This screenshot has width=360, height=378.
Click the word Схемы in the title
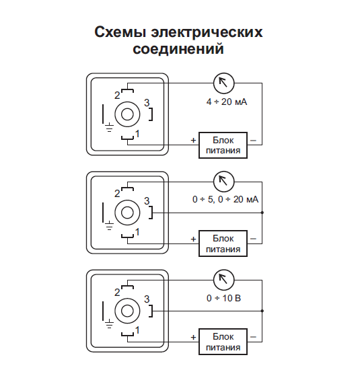click(x=120, y=32)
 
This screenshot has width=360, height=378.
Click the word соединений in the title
click(x=178, y=48)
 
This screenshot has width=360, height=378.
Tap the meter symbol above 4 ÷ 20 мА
click(x=224, y=83)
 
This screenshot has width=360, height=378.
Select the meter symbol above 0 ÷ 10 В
click(x=224, y=280)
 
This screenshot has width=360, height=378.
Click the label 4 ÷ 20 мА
click(x=227, y=102)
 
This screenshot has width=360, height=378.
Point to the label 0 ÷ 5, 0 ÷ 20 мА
click(x=225, y=199)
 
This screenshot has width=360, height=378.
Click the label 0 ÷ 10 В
click(x=224, y=298)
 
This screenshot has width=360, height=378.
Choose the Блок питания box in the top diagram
click(x=223, y=145)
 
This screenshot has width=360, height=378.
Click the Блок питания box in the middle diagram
click(x=223, y=243)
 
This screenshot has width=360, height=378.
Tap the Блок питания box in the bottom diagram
click(x=223, y=342)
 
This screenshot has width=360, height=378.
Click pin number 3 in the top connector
click(x=147, y=103)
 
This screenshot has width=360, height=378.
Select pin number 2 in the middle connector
click(x=117, y=194)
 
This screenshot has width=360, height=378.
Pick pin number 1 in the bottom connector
click(x=137, y=330)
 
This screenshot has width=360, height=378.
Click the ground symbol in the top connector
click(x=110, y=127)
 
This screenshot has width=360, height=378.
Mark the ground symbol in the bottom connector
click(x=110, y=324)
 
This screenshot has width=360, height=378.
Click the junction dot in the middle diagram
click(x=262, y=213)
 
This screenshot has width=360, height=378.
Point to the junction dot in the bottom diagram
click(x=262, y=311)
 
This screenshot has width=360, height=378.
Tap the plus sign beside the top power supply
click(x=193, y=141)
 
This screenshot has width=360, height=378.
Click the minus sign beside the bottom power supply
click(x=253, y=337)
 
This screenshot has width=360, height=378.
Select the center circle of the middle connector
click(x=127, y=213)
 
